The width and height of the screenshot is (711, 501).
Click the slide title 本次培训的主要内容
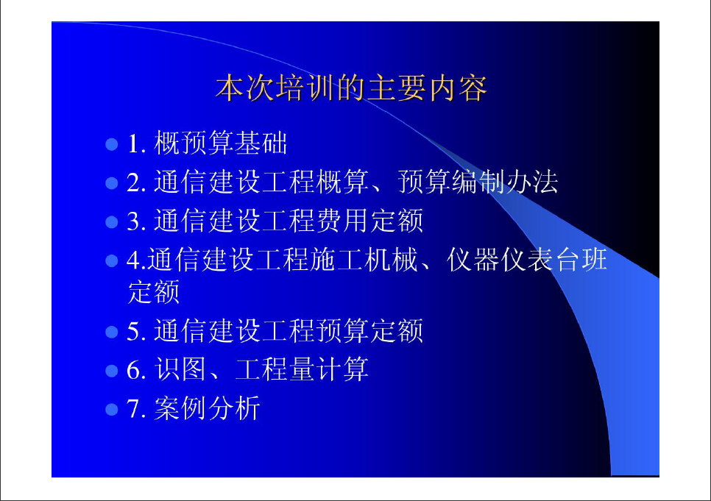pyautogui.click(x=351, y=88)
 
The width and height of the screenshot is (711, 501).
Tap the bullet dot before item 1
pyautogui.click(x=112, y=144)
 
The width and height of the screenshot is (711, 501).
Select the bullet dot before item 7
pyautogui.click(x=112, y=410)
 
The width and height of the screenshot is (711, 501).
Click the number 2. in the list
pyautogui.click(x=136, y=183)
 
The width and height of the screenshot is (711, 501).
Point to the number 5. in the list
pyautogui.click(x=136, y=332)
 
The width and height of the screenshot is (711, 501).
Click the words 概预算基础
pyautogui.click(x=221, y=143)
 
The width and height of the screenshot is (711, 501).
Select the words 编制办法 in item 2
pyautogui.click(x=505, y=182)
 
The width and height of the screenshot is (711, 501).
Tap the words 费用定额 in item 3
pyautogui.click(x=369, y=221)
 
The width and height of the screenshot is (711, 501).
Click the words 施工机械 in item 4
pyautogui.click(x=364, y=260)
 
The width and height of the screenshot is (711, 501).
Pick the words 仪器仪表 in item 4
pyautogui.click(x=500, y=260)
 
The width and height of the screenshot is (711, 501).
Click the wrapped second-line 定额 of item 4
pyautogui.click(x=154, y=291)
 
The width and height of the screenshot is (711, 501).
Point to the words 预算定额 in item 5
pyautogui.click(x=369, y=330)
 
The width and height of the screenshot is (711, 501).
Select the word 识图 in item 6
pyautogui.click(x=180, y=369)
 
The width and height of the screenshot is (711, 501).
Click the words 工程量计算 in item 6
pyautogui.click(x=302, y=369)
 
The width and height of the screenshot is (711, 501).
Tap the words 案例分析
pyautogui.click(x=208, y=408)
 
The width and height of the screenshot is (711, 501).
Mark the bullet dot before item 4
pyautogui.click(x=112, y=261)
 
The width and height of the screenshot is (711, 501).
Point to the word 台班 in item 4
pyautogui.click(x=581, y=260)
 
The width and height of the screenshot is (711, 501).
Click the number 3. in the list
pyautogui.click(x=136, y=222)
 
